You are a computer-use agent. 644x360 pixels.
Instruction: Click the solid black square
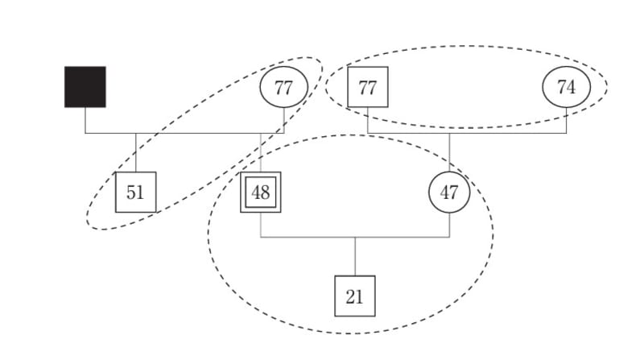(x=85, y=87)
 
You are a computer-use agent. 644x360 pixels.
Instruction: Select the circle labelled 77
(x=283, y=87)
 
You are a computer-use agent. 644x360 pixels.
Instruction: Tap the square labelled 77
(x=367, y=87)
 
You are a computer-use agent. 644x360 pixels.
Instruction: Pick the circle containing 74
(x=566, y=87)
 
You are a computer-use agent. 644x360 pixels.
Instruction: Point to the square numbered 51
(x=135, y=192)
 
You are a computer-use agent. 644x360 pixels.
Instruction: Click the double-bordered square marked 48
(x=260, y=192)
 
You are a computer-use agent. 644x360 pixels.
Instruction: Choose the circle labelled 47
(x=449, y=192)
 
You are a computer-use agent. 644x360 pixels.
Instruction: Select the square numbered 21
(x=355, y=296)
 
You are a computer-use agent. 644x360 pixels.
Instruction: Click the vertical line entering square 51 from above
(x=135, y=153)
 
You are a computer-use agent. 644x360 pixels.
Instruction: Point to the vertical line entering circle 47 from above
(x=449, y=153)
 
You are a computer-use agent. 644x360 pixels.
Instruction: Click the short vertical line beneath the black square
(x=85, y=120)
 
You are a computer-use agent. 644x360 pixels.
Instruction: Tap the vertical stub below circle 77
(x=283, y=121)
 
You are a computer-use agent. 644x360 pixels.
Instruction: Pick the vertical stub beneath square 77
(x=367, y=120)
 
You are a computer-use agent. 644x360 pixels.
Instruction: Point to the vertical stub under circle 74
(x=566, y=121)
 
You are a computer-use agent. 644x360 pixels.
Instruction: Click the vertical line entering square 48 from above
(x=260, y=153)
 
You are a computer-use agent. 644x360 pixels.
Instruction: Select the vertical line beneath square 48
(x=260, y=225)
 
